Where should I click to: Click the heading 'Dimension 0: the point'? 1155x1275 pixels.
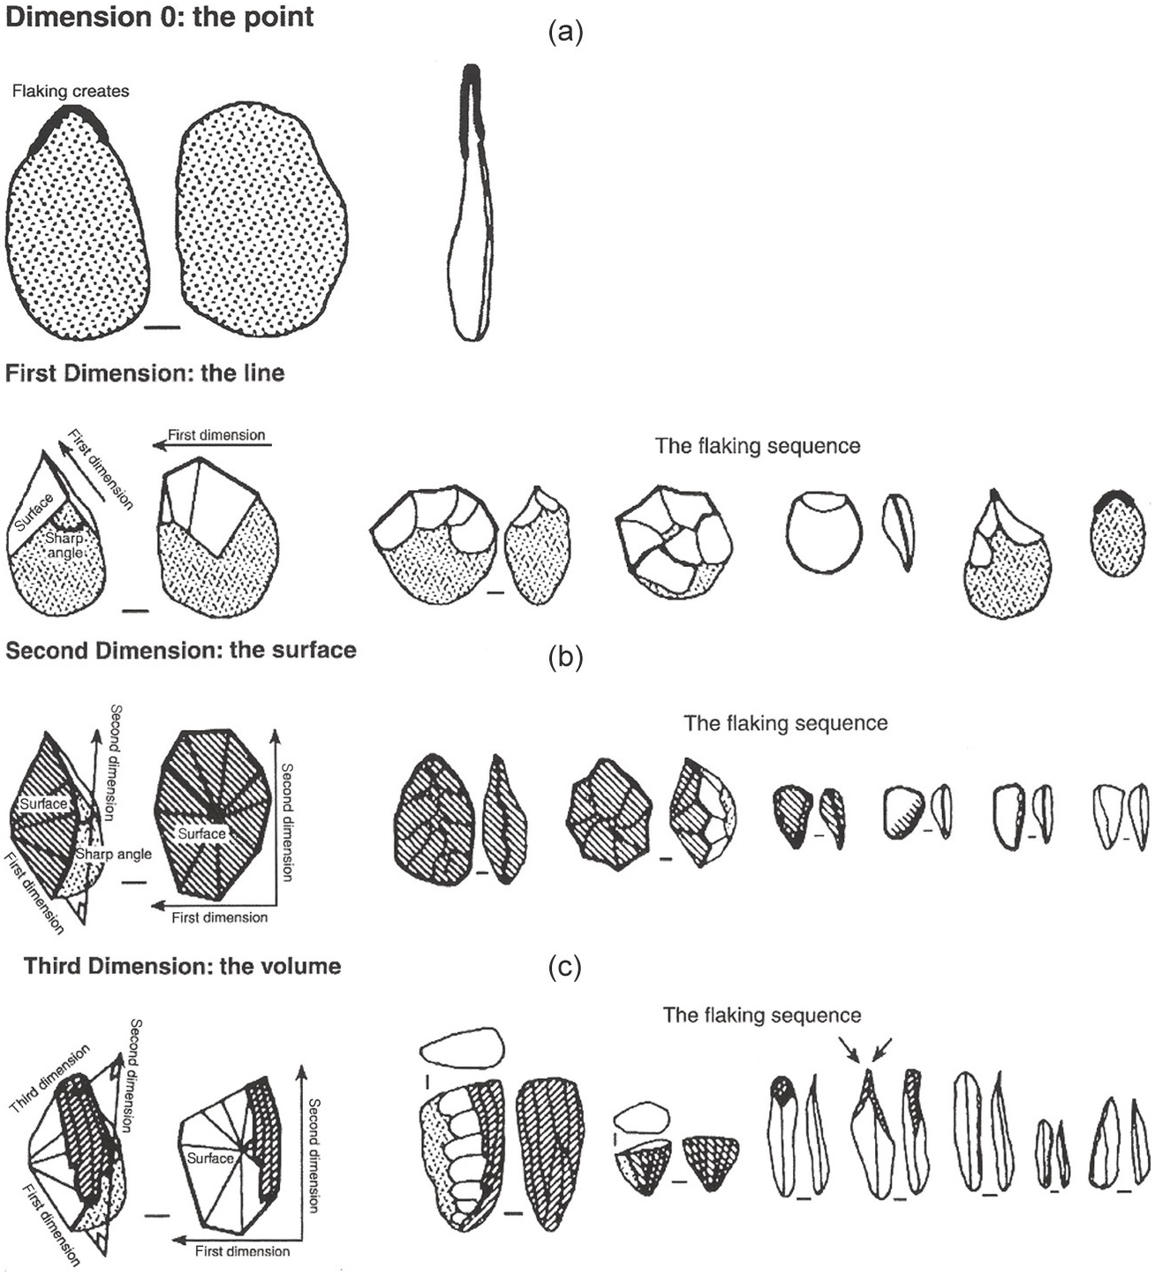(160, 17)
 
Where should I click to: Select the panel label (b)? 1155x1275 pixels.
(565, 658)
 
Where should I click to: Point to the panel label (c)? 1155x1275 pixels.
(565, 969)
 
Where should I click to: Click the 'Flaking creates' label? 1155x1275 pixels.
(71, 91)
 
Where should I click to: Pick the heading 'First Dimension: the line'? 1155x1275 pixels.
(145, 373)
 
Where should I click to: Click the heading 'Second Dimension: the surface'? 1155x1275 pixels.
(181, 651)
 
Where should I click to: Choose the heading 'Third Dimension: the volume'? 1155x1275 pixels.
(183, 965)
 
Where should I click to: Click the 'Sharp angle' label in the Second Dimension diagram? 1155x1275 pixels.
(113, 854)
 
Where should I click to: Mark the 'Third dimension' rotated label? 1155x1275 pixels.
(49, 1079)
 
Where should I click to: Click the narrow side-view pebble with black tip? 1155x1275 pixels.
(472, 203)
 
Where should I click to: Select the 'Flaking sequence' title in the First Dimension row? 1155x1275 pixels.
(757, 446)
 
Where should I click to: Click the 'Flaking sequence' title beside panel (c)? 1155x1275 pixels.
(761, 1015)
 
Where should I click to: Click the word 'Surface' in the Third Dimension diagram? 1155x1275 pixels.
(210, 1158)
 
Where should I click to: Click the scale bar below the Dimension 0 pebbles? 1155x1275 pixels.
(162, 328)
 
